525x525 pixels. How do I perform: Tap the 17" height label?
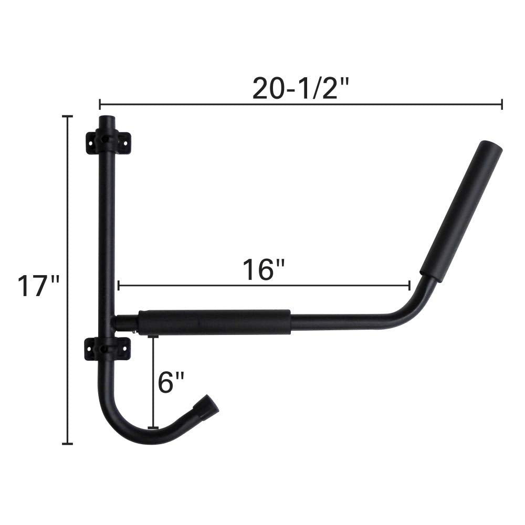[x=38, y=286]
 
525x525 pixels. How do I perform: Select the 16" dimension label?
[x=264, y=269]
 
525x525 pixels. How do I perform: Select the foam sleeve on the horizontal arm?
[x=214, y=322]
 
